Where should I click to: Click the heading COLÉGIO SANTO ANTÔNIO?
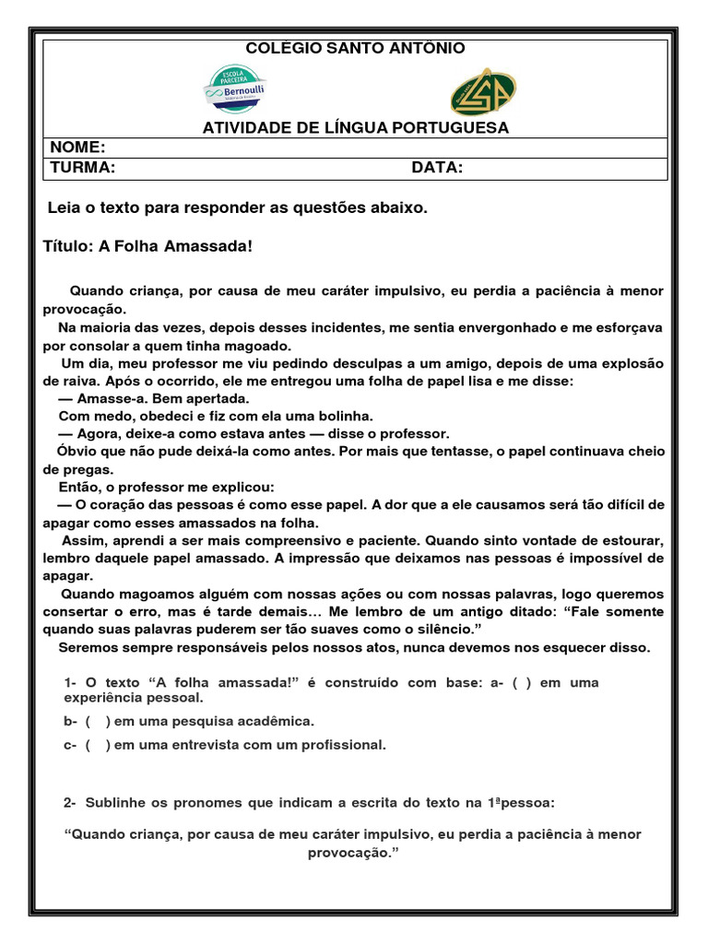[x=355, y=49]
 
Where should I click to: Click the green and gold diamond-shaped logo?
[x=483, y=90]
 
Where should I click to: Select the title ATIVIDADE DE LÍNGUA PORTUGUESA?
[x=355, y=128]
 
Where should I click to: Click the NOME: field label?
[x=77, y=148]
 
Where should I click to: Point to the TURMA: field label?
[x=82, y=168]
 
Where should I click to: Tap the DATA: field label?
[x=437, y=168]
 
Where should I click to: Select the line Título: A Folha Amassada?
[x=147, y=246]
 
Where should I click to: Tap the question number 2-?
[x=71, y=803]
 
